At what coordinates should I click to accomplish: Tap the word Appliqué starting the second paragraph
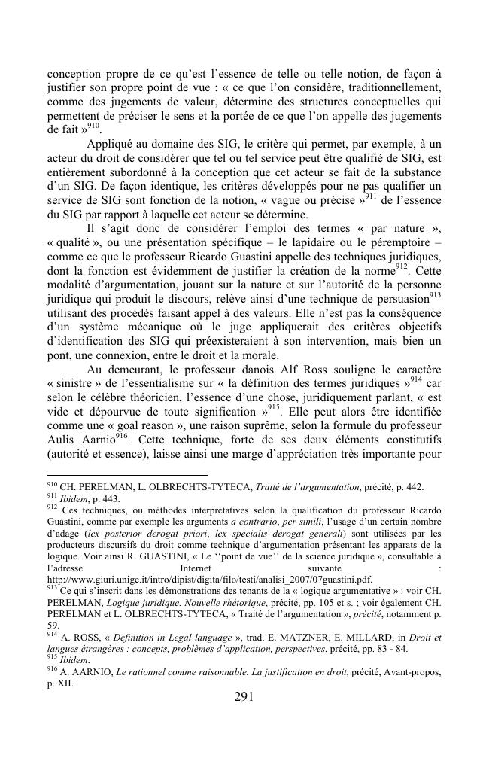(112, 143)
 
